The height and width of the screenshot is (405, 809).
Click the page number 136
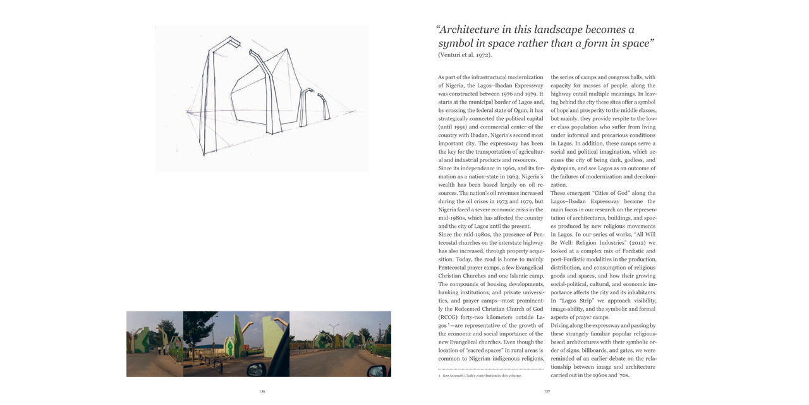coord(262,391)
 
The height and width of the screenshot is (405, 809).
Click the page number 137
coord(547,391)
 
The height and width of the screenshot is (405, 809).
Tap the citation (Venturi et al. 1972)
coord(465,55)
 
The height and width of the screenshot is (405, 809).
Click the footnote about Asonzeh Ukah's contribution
coord(482,375)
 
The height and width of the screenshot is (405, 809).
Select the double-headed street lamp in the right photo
coord(333,329)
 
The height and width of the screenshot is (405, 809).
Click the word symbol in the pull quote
coord(456,44)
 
